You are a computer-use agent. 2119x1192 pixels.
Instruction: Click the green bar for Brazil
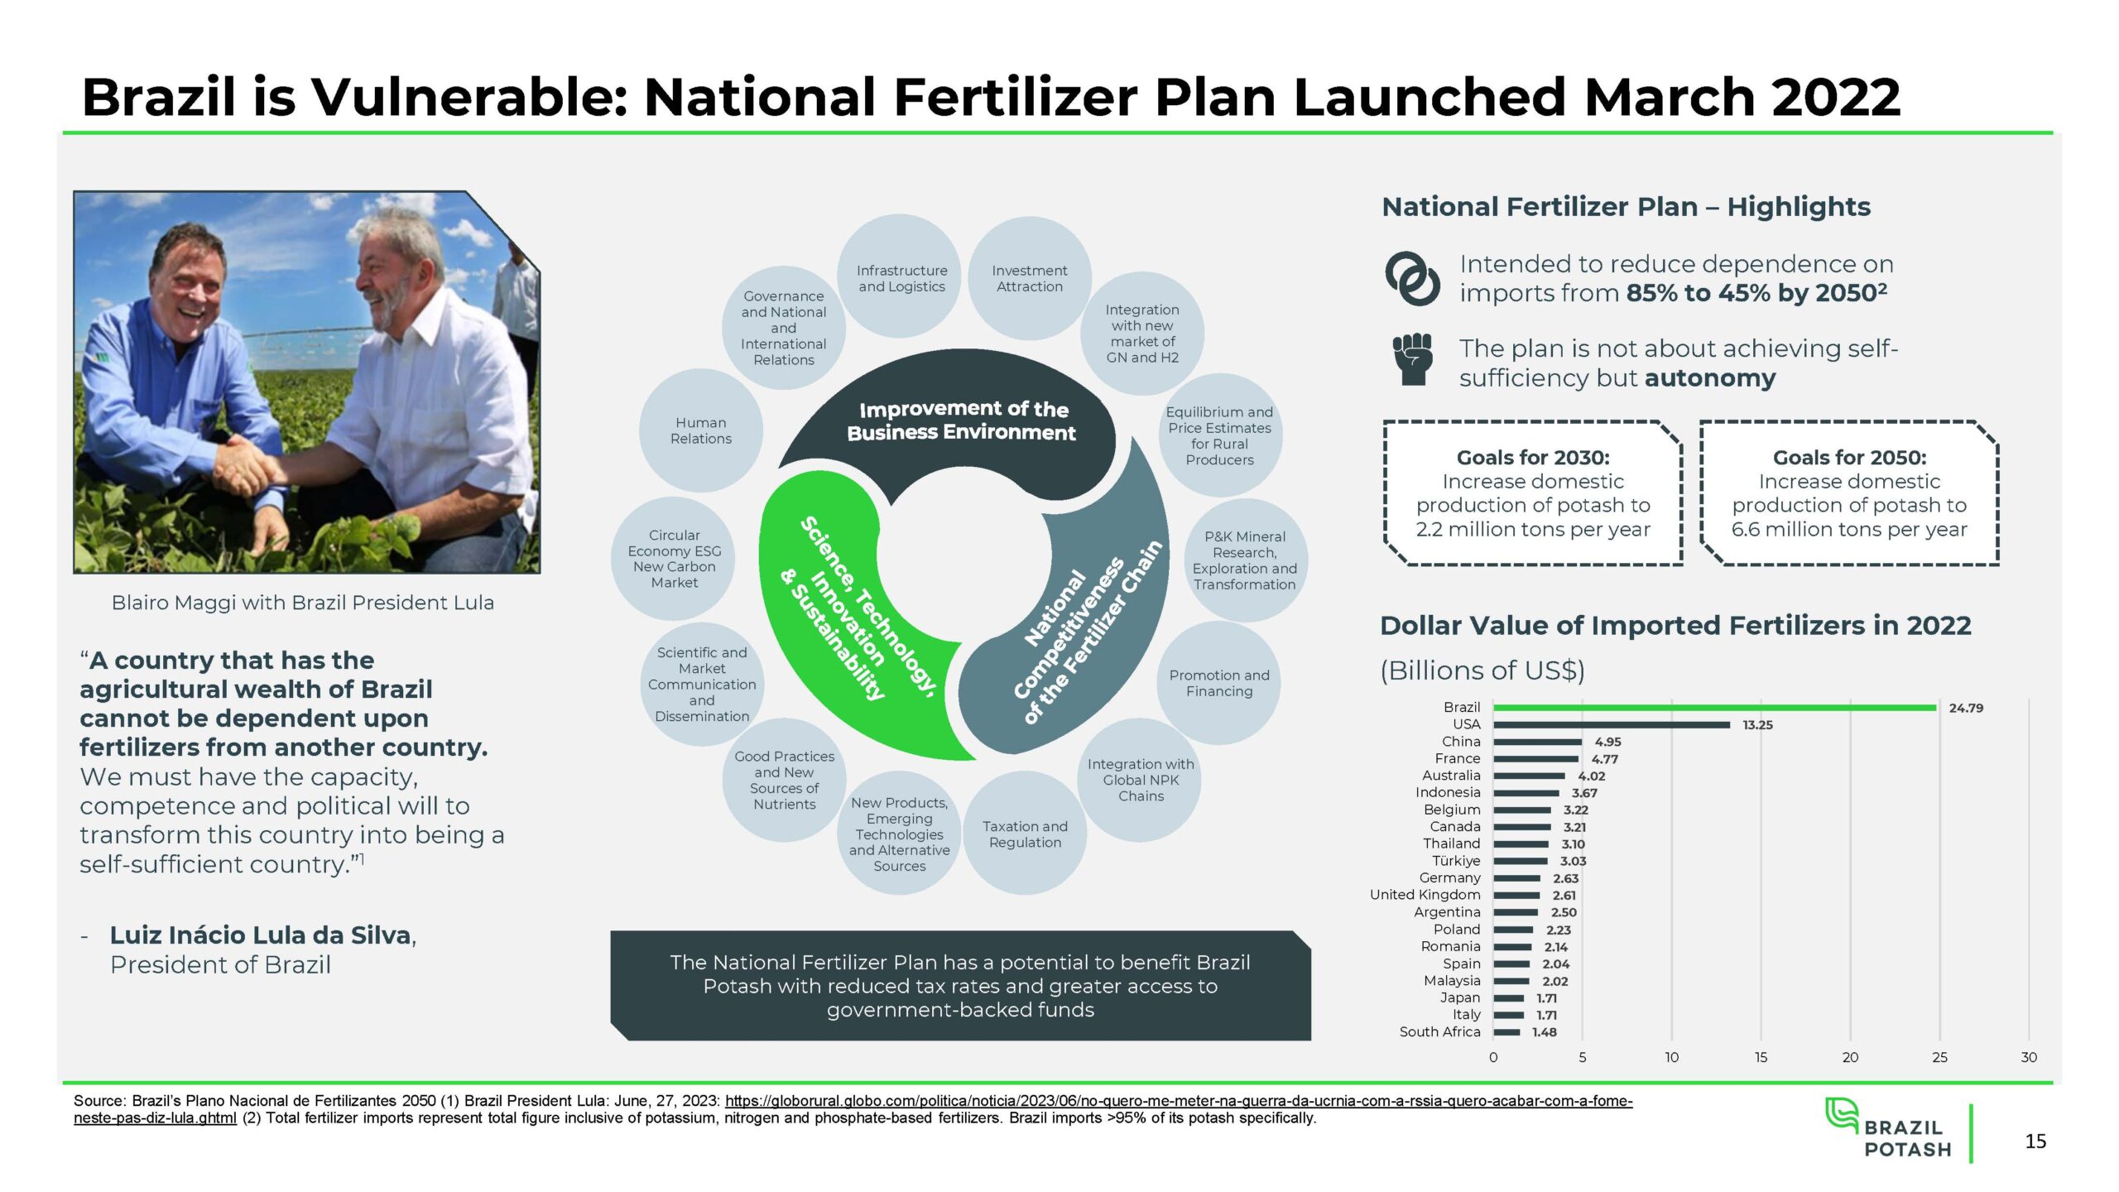coord(1714,708)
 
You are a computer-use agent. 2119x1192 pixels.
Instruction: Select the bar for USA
coord(1612,725)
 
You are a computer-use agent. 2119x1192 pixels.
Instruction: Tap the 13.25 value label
coord(1757,725)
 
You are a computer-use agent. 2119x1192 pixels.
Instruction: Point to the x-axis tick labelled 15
coord(1761,1057)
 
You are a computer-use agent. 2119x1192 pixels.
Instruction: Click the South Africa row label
coord(1439,1031)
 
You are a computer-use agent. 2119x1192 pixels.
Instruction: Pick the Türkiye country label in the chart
coord(1456,861)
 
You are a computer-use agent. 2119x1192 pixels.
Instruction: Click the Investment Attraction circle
coord(1030,278)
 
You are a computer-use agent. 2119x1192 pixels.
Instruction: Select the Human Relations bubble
coord(701,430)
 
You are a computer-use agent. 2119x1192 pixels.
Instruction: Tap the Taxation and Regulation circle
coord(1025,834)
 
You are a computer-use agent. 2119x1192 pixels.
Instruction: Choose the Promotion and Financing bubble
coord(1219,683)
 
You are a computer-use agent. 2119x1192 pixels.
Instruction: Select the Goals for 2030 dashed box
coord(1533,493)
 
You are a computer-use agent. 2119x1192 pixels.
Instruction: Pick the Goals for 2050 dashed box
coord(1849,493)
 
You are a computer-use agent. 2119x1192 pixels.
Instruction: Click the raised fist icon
coord(1412,358)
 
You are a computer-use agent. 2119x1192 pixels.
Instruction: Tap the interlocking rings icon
coord(1412,278)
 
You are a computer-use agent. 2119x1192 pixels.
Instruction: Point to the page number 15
coord(2035,1142)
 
